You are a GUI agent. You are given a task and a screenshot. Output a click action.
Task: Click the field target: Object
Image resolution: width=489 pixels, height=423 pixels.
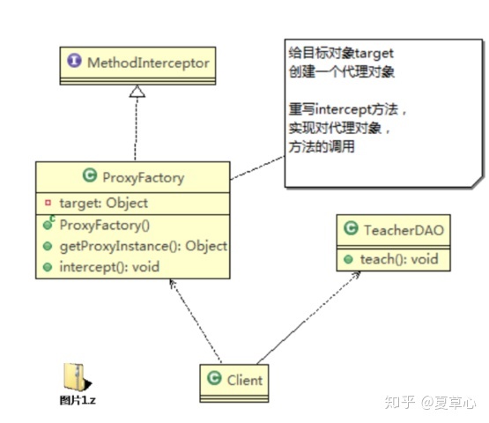point(103,204)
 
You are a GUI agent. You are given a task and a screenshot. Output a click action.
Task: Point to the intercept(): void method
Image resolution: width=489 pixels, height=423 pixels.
point(109,267)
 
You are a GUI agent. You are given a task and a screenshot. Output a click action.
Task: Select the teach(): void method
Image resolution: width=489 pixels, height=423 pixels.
point(397,260)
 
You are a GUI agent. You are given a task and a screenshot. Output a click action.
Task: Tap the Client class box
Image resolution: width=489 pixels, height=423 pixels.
point(233,380)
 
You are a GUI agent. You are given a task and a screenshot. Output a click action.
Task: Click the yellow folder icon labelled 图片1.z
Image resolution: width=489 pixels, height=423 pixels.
point(75,375)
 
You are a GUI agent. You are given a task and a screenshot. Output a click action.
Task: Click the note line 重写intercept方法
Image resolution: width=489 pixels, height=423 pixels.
point(347,111)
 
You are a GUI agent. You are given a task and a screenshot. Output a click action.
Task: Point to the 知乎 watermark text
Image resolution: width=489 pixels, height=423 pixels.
point(403,402)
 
